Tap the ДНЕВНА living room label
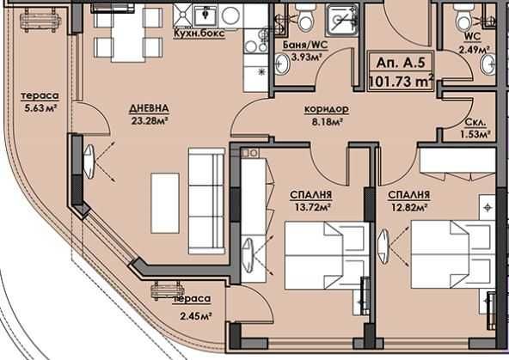tap(150, 108)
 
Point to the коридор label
tap(326, 110)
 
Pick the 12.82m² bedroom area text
tap(408, 207)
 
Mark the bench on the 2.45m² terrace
tap(165, 291)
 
